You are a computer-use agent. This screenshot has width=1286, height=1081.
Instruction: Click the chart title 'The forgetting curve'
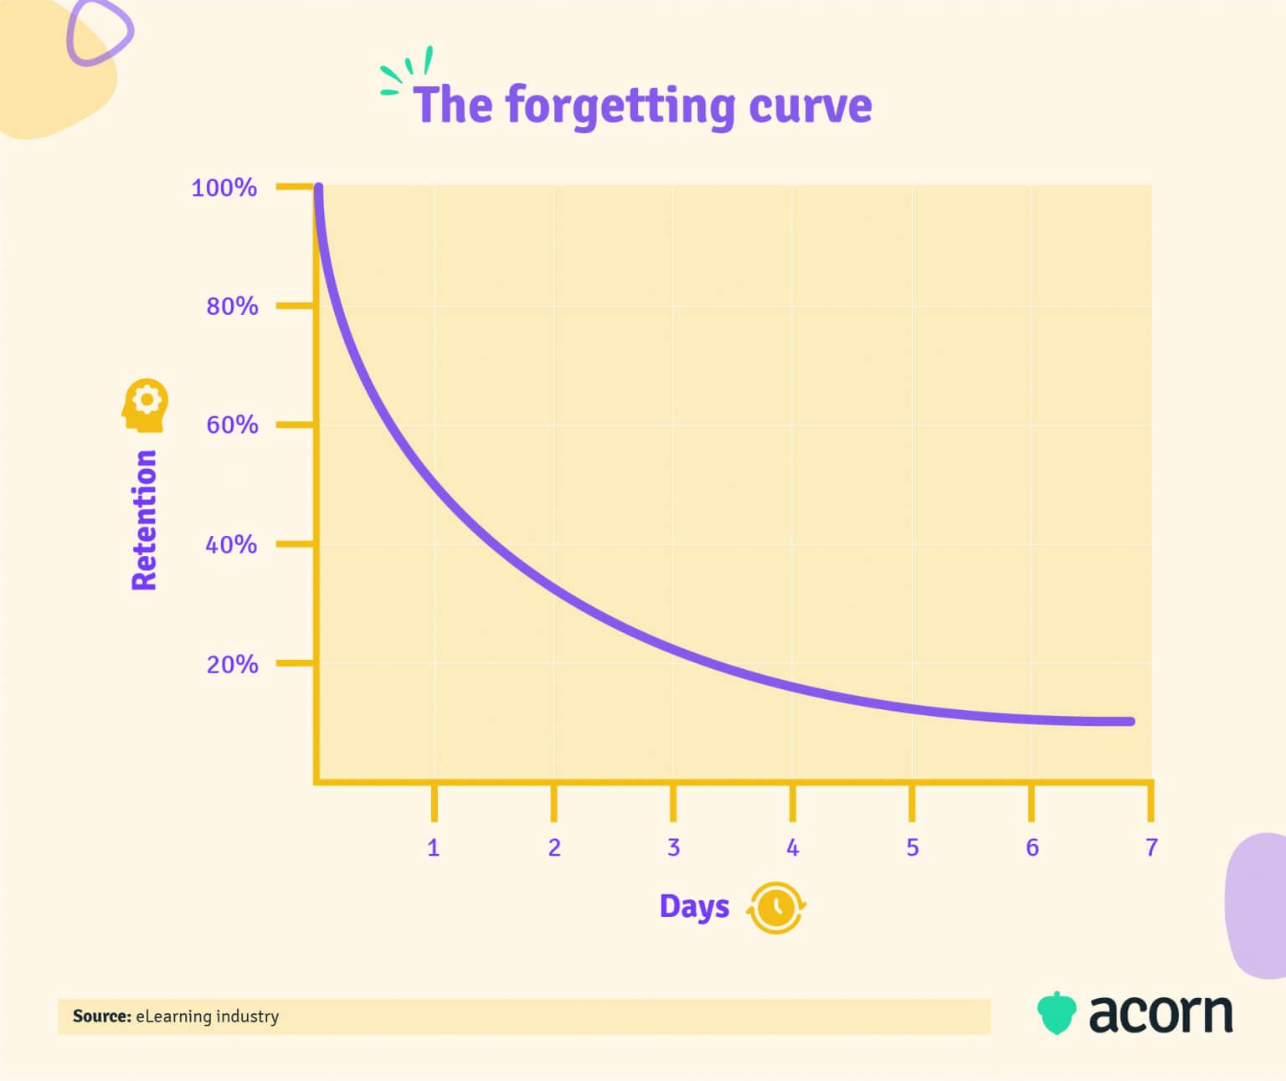pos(642,106)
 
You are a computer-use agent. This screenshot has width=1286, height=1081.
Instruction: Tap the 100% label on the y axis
pos(224,188)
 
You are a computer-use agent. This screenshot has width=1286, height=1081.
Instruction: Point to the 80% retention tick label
pos(232,306)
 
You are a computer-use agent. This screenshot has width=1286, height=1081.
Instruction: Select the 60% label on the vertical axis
pos(232,425)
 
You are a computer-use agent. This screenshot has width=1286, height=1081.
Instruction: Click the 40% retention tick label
pos(231,545)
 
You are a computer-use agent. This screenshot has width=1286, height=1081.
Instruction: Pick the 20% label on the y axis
pos(232,665)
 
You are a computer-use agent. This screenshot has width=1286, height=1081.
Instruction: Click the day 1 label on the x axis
pos(434,848)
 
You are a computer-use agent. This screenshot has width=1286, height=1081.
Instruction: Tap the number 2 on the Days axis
pos(554,848)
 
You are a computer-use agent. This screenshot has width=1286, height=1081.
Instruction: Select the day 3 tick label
pos(673,848)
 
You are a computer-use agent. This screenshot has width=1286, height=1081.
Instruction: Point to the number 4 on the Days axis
pos(793,848)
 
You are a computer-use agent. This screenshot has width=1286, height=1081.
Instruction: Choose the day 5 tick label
pos(913,848)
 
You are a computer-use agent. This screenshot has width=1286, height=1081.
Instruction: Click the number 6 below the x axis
pos(1032,848)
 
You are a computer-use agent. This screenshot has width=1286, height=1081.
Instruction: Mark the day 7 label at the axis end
pos(1151,848)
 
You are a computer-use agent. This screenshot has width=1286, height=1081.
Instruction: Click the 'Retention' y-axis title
pos(145,520)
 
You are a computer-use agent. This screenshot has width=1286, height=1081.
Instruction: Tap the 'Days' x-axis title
pos(694,907)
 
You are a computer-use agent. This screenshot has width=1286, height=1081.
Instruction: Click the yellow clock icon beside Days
pos(777,908)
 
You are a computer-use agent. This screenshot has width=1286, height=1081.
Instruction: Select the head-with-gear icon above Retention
pos(145,406)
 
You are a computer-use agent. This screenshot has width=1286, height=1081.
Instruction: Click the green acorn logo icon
pos(1056,1013)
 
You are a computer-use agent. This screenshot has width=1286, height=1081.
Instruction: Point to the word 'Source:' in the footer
pos(102,1017)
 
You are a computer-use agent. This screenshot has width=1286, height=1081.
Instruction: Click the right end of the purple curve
pos(1130,721)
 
